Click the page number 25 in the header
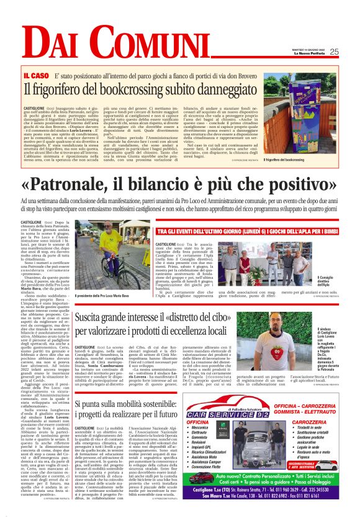351,52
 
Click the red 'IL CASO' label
36,75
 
